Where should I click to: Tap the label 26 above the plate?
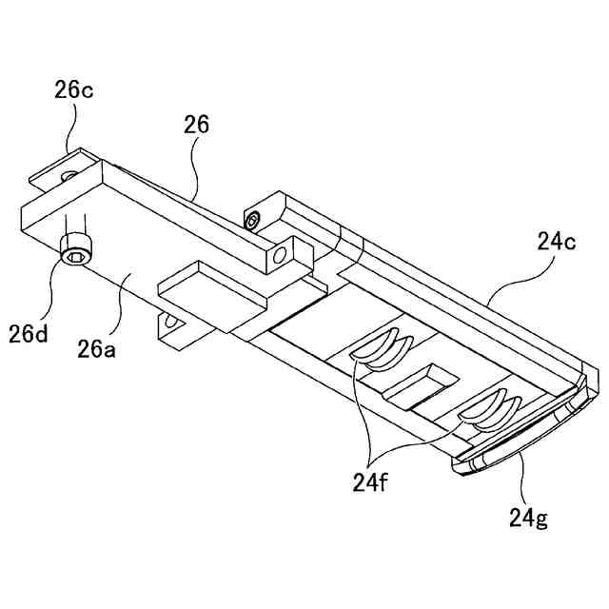(x=198, y=125)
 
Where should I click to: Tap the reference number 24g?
(x=528, y=518)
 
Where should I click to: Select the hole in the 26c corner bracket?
(x=68, y=177)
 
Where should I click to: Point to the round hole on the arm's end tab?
(x=281, y=255)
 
